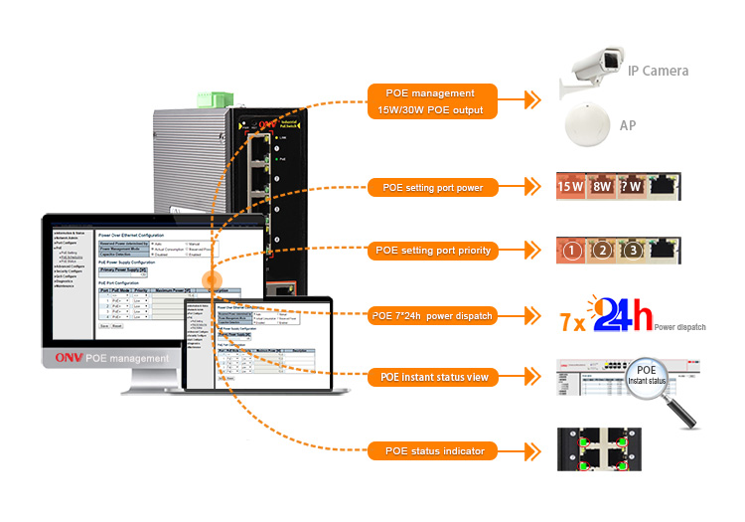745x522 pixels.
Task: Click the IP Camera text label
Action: pos(658,71)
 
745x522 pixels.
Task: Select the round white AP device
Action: pos(588,126)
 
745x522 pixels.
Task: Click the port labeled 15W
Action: pos(571,186)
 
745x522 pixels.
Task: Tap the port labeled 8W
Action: pos(603,186)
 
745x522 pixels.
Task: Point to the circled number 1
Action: pos(571,251)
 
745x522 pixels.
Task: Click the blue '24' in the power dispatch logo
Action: pos(622,317)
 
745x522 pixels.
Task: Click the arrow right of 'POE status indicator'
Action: pos(534,451)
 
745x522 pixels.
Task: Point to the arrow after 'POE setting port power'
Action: pos(534,187)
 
